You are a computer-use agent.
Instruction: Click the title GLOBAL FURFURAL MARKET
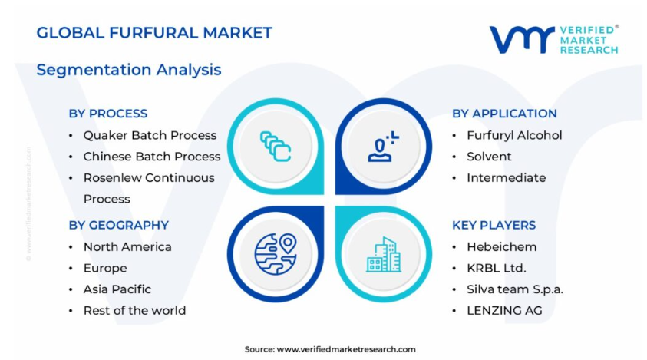coord(154,32)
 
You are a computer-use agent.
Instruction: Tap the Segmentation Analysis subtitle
coord(129,70)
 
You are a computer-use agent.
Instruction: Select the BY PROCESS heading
coord(108,114)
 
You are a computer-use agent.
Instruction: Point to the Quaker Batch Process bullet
coord(150,135)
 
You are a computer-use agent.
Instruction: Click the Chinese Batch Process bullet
coord(152,157)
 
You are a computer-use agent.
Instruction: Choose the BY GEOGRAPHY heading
coord(119,225)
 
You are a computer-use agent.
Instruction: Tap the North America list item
coord(127,247)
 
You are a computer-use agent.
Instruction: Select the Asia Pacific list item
coord(117,289)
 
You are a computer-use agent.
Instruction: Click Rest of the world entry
coord(134,310)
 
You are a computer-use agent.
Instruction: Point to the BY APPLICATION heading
coord(504,114)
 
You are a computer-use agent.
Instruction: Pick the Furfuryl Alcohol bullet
coord(514,135)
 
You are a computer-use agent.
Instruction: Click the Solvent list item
coord(489,157)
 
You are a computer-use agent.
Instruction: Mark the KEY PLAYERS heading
coord(494,225)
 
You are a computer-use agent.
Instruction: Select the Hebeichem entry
coord(502,247)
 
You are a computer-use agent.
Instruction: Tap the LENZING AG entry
coord(505,310)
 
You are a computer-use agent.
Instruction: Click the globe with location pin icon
coord(276,254)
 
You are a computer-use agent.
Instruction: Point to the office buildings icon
coord(383,255)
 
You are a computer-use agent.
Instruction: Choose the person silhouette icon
coord(383,147)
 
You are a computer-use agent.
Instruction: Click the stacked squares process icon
coord(276,146)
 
